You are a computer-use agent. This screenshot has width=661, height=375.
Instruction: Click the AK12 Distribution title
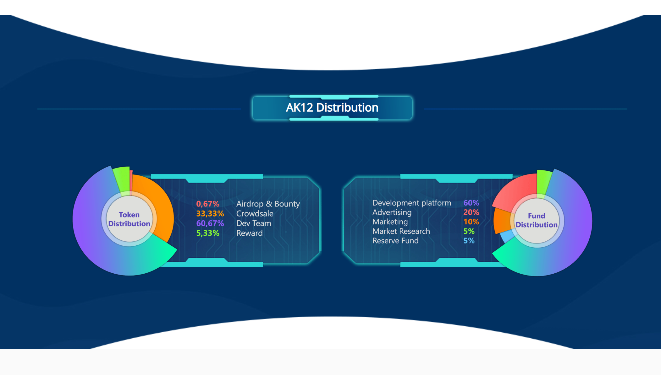tap(332, 108)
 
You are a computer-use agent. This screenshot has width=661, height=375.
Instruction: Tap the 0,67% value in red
tap(208, 204)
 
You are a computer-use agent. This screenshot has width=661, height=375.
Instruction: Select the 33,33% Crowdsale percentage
tap(210, 214)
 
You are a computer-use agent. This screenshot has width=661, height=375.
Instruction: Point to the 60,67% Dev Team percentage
tap(210, 223)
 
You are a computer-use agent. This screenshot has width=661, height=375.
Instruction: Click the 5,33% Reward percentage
tap(208, 233)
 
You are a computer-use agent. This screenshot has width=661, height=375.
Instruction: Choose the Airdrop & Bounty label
tap(268, 204)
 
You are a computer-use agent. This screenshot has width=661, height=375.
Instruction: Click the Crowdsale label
tap(255, 214)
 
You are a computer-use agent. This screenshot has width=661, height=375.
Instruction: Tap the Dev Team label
tap(254, 223)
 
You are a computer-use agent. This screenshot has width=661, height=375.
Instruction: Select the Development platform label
tap(412, 203)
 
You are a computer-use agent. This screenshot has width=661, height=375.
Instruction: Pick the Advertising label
tap(392, 212)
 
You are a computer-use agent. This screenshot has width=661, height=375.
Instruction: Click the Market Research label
tap(401, 231)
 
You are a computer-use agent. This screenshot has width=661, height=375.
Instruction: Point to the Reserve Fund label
tap(395, 241)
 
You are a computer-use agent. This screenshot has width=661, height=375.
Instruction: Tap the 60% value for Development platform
tap(471, 203)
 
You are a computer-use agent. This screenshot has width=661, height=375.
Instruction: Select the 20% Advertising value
tap(471, 212)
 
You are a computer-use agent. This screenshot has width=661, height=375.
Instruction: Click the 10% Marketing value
tap(471, 222)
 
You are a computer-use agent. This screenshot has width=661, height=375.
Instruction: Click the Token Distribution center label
tap(129, 219)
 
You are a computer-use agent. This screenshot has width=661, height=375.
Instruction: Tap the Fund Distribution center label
tap(537, 220)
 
